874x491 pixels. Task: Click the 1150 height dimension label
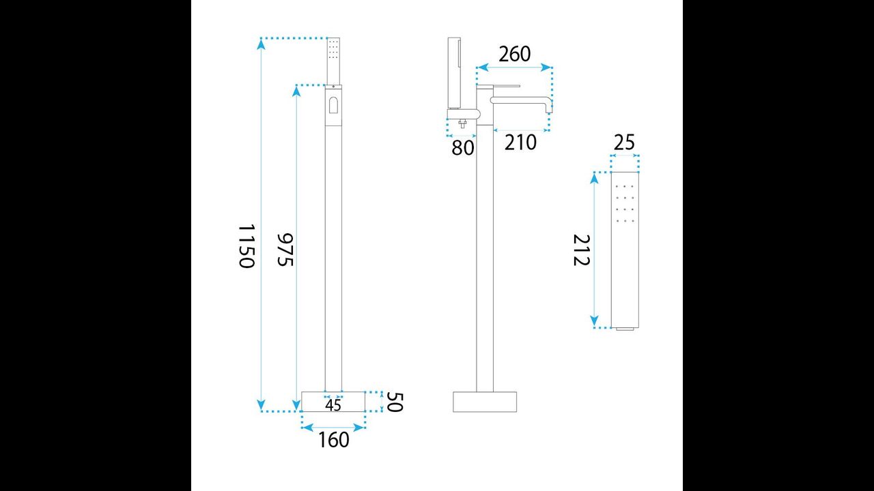pos(246,246)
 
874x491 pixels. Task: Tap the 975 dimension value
pos(285,250)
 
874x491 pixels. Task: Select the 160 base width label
pos(334,440)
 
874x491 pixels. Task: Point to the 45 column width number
pos(333,405)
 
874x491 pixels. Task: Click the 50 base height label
pos(394,402)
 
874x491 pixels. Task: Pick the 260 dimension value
pos(515,54)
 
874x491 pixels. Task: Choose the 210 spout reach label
pos(520,143)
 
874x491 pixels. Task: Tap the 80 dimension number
pos(463,148)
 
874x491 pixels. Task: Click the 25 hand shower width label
pos(624,143)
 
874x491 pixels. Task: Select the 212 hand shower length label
pos(581,250)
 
